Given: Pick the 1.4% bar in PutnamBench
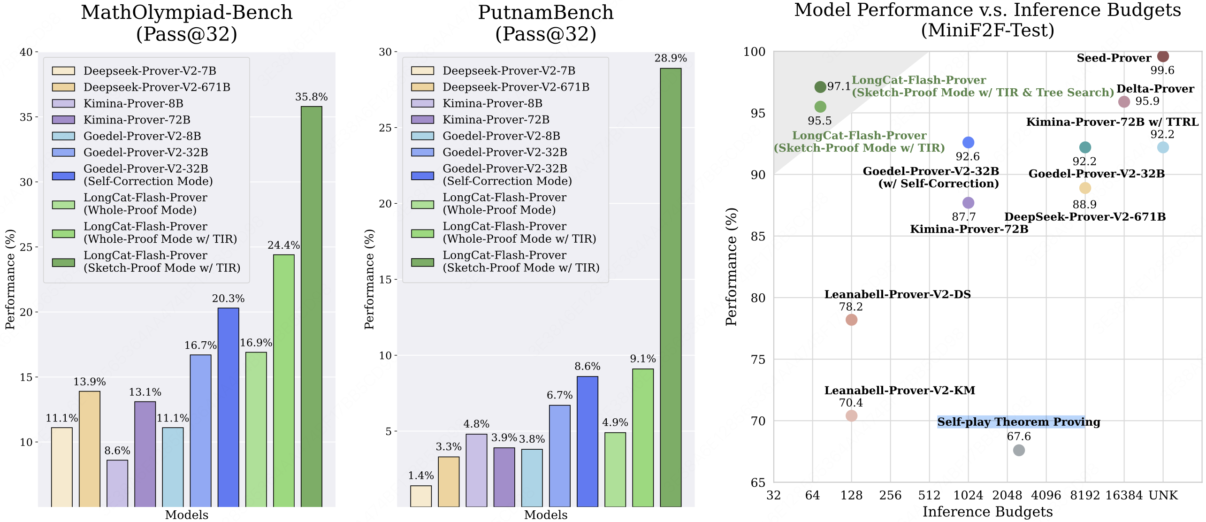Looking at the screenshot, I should tap(420, 496).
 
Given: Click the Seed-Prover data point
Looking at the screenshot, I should tap(1163, 56).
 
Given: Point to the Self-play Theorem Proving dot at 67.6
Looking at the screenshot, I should tap(1019, 450).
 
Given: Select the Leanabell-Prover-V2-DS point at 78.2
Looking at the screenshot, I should tap(851, 320).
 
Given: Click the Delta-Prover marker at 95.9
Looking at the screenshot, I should tap(1124, 101).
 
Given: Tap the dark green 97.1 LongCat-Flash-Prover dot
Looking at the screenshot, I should tap(820, 87).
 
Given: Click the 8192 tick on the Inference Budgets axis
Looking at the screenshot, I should tap(1084, 495).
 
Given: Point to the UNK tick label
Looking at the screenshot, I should tap(1163, 495).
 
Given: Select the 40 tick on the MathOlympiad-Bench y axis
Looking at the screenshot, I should tap(26, 52).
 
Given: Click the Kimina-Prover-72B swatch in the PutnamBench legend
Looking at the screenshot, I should tap(422, 120).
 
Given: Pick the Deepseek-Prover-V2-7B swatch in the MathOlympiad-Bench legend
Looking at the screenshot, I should tap(63, 71).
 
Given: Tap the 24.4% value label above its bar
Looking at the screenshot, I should tap(283, 245).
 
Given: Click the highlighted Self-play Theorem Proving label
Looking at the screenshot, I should tap(1018, 422).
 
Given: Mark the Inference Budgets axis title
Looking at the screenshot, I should tap(987, 512).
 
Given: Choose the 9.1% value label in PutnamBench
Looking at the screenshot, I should tap(642, 359).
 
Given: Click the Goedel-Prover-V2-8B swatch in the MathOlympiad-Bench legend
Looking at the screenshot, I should tap(63, 136).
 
